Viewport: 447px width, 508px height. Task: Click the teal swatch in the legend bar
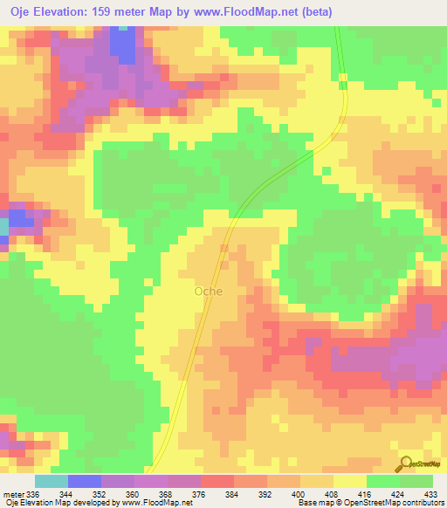51,481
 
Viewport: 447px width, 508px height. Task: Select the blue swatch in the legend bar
84,481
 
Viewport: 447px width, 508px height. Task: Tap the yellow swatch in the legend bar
350,481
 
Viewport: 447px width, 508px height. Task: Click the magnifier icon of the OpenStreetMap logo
404,464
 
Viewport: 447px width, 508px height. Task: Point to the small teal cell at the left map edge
3,226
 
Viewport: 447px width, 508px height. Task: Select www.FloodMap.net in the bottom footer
159,503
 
